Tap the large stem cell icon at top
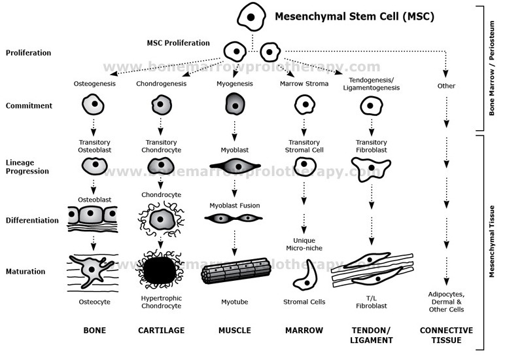[x=250, y=16]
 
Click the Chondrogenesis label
[x=162, y=84]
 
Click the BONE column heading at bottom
[x=95, y=331]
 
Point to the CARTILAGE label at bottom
[x=161, y=331]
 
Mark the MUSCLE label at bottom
[x=234, y=331]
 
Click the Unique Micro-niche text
[x=304, y=244]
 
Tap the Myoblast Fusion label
[x=234, y=206]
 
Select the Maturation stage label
[x=25, y=271]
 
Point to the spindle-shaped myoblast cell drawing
[x=234, y=167]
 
